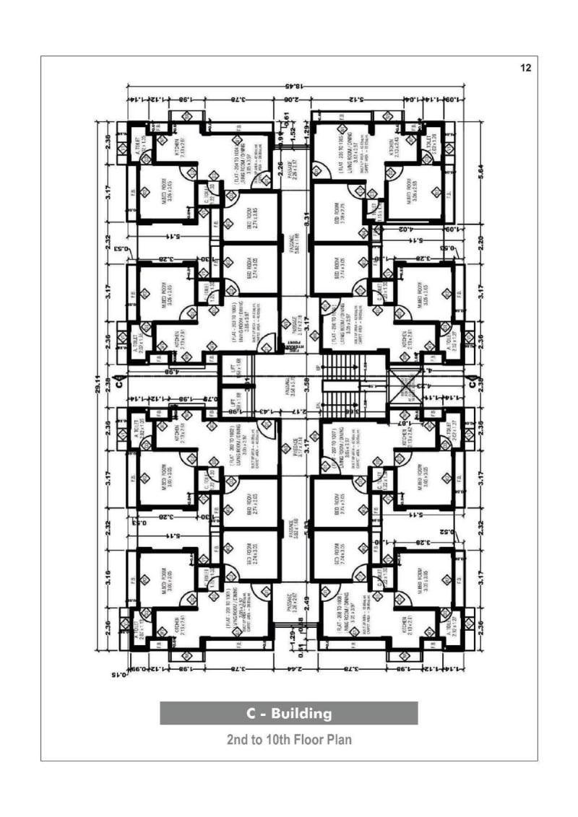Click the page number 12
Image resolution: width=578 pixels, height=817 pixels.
(525, 68)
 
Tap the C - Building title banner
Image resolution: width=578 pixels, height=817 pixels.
(288, 713)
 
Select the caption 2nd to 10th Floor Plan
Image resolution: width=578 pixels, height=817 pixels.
(288, 740)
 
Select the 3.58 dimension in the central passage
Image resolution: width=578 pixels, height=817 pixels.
(306, 383)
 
